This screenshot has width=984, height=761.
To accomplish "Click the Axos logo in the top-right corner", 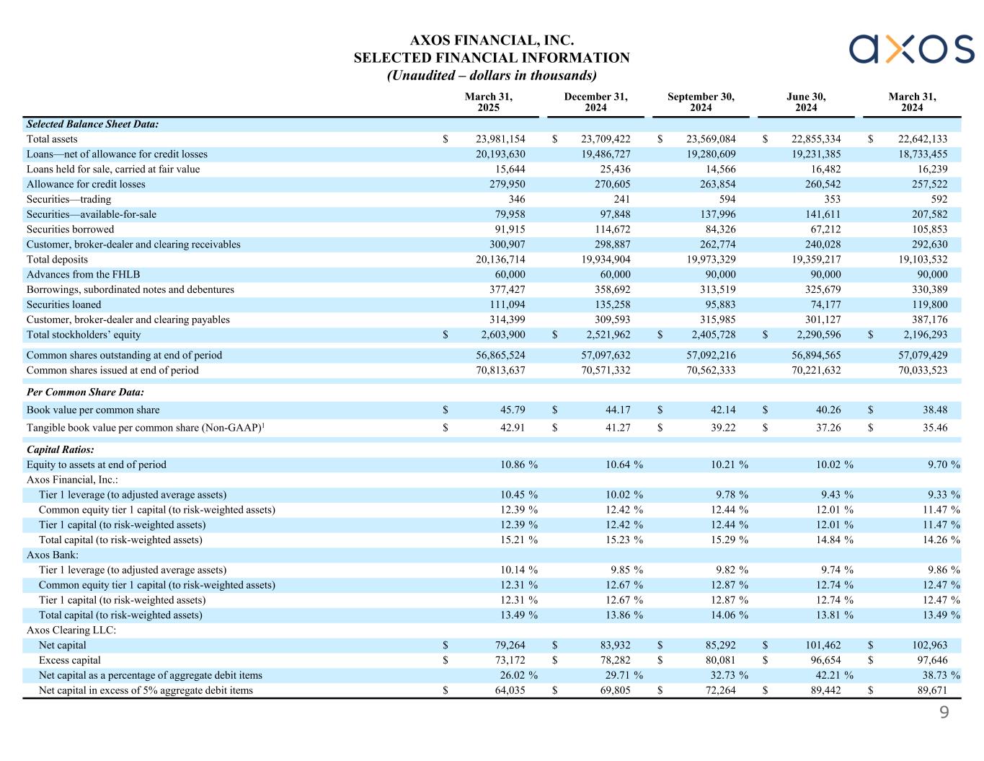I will pyautogui.click(x=911, y=49).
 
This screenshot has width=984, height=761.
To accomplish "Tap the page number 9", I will pyautogui.click(x=944, y=713).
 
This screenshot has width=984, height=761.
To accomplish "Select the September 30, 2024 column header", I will pyautogui.click(x=700, y=102).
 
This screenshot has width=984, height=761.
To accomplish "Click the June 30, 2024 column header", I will pyautogui.click(x=806, y=102).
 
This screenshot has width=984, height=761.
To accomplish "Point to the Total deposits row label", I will pyautogui.click(x=57, y=260).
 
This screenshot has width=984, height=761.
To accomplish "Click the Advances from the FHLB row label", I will pyautogui.click(x=83, y=275).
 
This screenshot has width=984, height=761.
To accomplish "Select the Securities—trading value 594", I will pyautogui.click(x=726, y=199).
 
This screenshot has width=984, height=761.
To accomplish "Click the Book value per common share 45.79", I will pyautogui.click(x=513, y=410).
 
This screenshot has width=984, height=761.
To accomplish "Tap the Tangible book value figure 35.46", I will pyautogui.click(x=935, y=428).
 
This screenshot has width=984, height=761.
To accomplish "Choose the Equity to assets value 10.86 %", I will pyautogui.click(x=519, y=465).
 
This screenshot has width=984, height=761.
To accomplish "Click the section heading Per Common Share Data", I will pyautogui.click(x=85, y=392).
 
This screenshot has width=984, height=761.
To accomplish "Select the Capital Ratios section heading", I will pyautogui.click(x=60, y=449).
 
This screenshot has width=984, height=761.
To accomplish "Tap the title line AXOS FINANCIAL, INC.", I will pyautogui.click(x=491, y=40).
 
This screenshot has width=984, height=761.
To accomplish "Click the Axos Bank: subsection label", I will pyautogui.click(x=53, y=555).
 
